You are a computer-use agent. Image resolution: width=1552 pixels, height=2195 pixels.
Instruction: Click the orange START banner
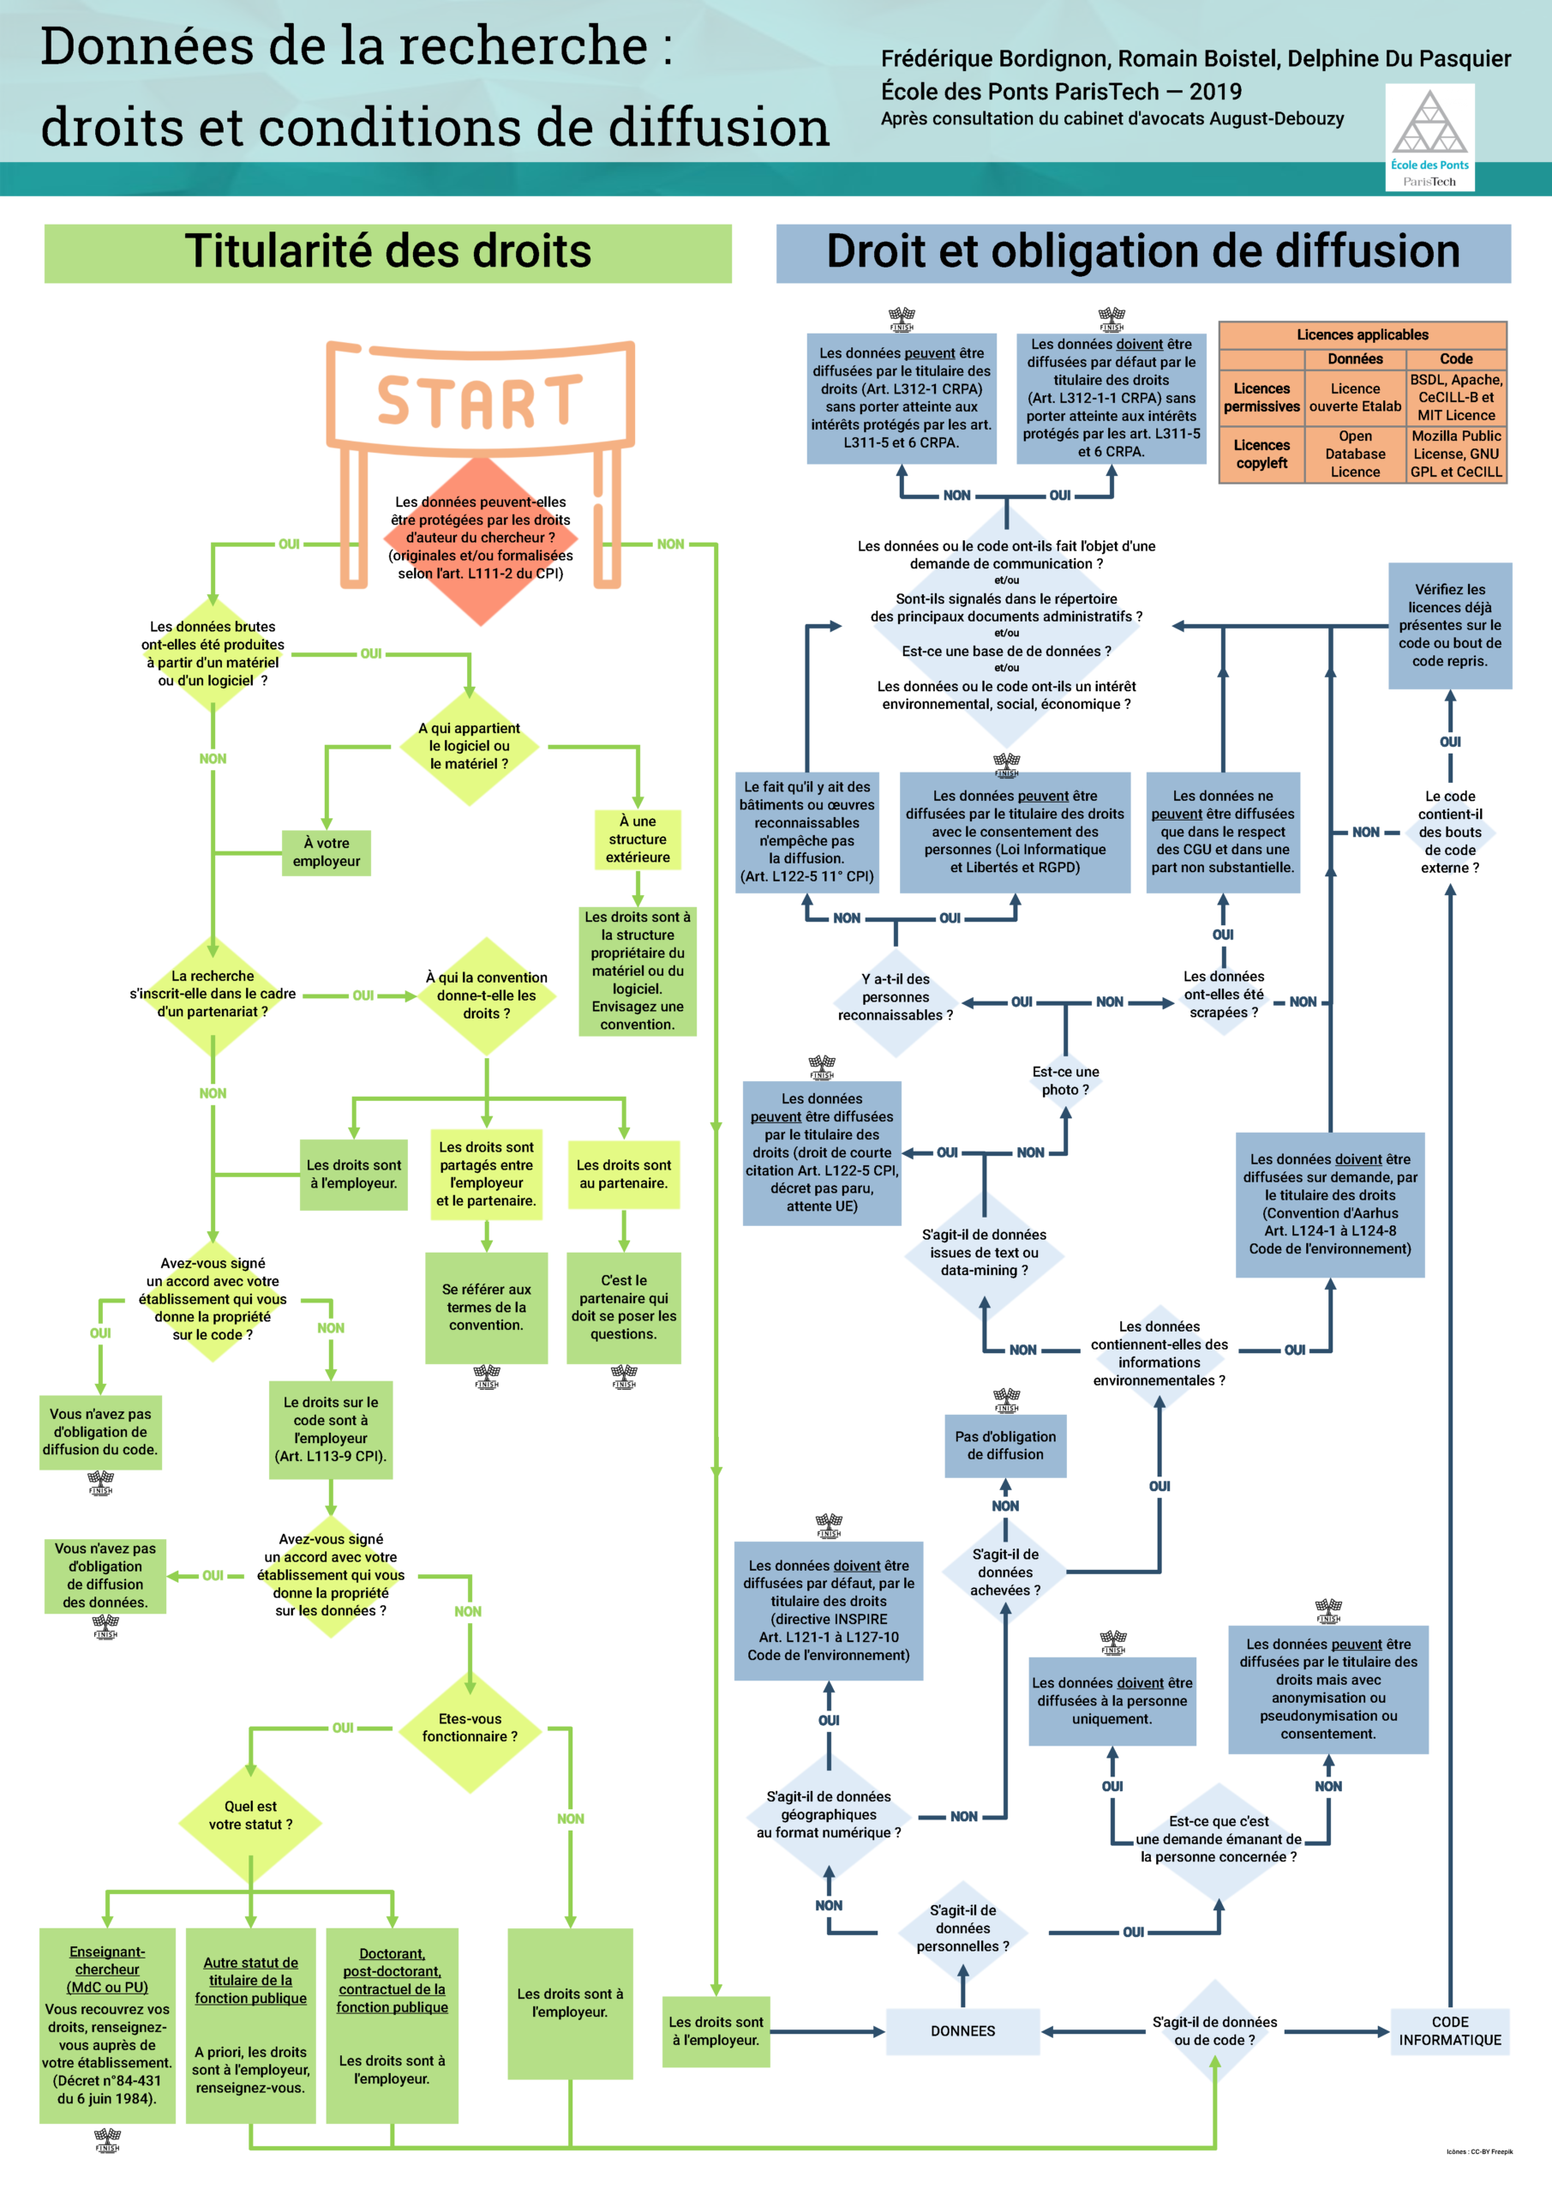(480, 400)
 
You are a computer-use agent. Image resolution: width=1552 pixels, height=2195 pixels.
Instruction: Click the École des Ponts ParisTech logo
(1429, 136)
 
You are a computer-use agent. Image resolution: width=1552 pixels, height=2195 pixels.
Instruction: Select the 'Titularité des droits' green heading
(388, 253)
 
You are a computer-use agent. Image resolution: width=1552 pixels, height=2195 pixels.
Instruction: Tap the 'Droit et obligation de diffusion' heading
(1142, 253)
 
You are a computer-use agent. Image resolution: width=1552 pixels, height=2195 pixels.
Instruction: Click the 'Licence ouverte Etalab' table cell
(1354, 398)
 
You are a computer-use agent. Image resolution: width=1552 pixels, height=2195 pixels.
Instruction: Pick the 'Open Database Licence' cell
(1354, 454)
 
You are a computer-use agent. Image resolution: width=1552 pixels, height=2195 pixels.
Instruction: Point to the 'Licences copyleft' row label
(1261, 454)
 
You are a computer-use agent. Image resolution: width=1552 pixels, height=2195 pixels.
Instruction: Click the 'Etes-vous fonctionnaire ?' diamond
(470, 1728)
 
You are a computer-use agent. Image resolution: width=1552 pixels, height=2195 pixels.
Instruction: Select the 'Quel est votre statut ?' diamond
(250, 1815)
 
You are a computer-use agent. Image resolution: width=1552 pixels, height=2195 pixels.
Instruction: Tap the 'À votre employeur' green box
(326, 851)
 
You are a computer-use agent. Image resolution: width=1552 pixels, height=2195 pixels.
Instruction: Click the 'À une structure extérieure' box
(638, 839)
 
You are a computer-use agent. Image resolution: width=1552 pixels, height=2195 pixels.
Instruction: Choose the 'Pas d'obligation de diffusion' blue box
(1005, 1446)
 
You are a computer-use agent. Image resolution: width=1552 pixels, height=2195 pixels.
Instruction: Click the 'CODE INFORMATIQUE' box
(1450, 2030)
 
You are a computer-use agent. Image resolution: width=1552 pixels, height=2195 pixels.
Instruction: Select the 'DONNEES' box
(962, 2030)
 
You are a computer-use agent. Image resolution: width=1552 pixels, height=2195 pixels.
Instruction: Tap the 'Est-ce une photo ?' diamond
(1065, 1081)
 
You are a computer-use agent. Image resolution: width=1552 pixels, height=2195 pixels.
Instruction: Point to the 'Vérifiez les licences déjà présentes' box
(1450, 625)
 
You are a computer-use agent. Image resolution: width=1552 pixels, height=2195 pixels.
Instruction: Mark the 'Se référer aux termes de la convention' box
(487, 1307)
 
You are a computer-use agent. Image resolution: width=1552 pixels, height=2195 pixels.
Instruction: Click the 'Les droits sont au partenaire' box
(624, 1174)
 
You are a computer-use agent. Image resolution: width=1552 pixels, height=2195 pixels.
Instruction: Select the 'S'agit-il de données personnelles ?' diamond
(962, 1928)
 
